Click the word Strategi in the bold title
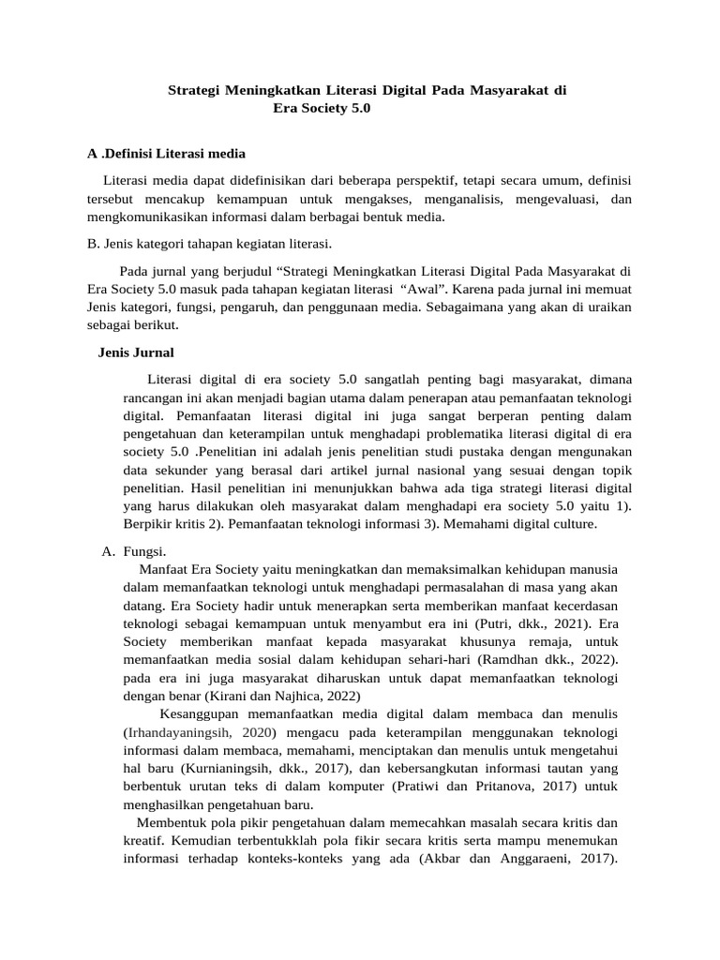click(194, 90)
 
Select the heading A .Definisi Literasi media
click(166, 153)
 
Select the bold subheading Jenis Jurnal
click(136, 352)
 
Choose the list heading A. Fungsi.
click(134, 551)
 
